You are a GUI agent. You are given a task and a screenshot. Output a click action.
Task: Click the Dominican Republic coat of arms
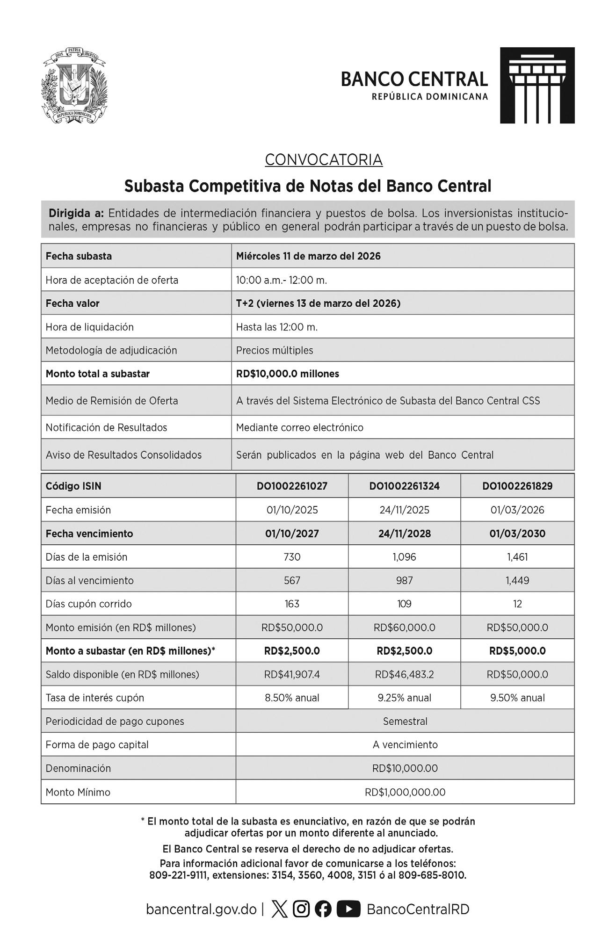[74, 87]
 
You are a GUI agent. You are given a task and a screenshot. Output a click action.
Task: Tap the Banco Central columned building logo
[537, 85]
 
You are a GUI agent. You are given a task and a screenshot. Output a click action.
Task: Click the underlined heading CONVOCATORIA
[324, 160]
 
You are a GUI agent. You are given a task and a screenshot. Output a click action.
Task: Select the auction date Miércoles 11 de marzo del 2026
[308, 256]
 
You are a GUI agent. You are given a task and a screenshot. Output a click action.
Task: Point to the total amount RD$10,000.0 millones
[287, 374]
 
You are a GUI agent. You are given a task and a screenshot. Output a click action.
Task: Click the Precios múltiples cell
[275, 350]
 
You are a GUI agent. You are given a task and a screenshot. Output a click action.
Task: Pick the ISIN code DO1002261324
[404, 486]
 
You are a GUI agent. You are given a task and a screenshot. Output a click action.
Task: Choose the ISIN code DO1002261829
[517, 486]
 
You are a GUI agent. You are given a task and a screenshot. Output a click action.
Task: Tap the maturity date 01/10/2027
[292, 534]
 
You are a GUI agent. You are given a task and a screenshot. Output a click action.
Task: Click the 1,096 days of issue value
[404, 557]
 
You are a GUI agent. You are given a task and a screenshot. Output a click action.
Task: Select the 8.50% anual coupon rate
[292, 698]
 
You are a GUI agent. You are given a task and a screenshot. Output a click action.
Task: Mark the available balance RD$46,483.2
[404, 674]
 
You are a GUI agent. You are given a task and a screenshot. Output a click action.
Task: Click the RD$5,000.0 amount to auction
[517, 651]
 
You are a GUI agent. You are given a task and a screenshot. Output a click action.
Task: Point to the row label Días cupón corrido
[89, 604]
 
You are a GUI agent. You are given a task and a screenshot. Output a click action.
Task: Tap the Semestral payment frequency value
[405, 721]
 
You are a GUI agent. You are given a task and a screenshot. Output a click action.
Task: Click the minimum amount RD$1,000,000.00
[405, 792]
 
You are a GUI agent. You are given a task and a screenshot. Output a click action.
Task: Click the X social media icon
[280, 909]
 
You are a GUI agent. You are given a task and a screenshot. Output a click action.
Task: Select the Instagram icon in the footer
[301, 909]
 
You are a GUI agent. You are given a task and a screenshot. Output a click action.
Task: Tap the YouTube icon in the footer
[348, 909]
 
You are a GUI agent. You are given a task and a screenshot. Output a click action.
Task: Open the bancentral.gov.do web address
[201, 909]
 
